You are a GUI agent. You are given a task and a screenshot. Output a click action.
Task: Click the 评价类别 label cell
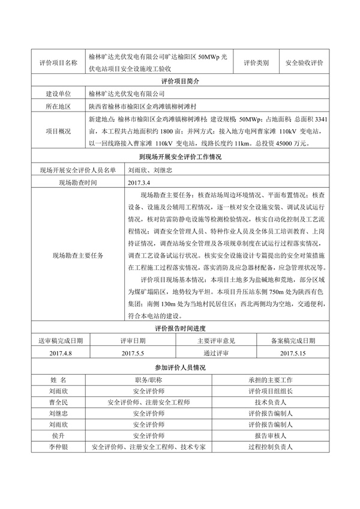257,62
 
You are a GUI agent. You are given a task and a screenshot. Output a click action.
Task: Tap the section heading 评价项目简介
180,81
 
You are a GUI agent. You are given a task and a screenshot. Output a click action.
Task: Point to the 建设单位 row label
58,94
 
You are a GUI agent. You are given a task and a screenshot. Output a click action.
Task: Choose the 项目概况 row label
58,131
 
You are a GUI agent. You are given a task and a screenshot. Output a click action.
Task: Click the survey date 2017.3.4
142,181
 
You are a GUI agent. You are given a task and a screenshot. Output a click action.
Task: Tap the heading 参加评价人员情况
180,367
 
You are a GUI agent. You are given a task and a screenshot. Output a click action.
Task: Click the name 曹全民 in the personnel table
59,403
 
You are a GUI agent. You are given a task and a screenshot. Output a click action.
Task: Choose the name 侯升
59,436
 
